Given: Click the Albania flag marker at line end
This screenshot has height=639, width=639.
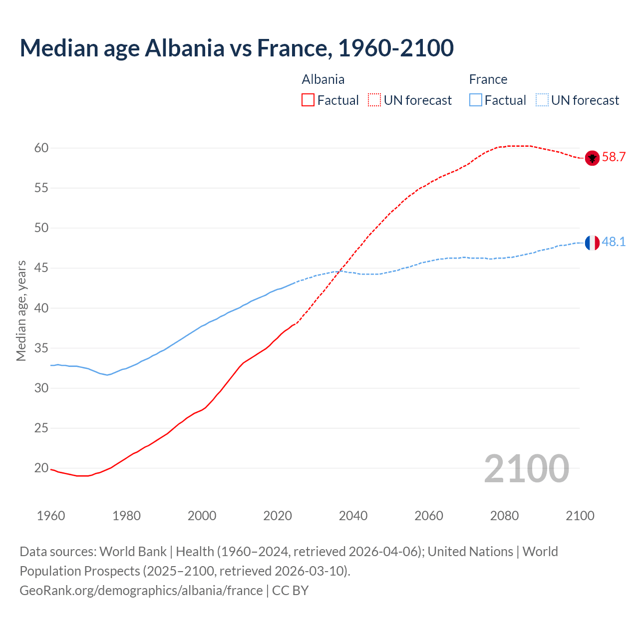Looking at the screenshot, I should (x=592, y=158).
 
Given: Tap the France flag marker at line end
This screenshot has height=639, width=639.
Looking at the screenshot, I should (x=592, y=243).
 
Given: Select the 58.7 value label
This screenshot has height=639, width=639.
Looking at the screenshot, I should (x=614, y=157).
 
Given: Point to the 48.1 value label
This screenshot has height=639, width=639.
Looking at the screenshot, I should (x=614, y=242).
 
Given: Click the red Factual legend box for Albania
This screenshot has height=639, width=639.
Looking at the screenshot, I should (x=308, y=100).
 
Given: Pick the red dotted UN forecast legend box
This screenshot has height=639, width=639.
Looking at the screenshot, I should (x=374, y=100).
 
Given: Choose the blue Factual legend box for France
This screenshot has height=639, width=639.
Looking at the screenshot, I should (x=476, y=100).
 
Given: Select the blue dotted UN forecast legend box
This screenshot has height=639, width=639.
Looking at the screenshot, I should (x=542, y=100).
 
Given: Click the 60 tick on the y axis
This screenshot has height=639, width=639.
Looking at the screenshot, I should (x=41, y=148).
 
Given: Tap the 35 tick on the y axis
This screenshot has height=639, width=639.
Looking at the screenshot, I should (x=41, y=348).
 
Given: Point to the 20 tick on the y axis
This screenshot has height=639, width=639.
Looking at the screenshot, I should (x=41, y=468).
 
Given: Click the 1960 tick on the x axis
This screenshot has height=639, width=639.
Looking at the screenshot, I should (x=51, y=516).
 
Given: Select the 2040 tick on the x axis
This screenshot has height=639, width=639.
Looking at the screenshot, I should (x=353, y=516).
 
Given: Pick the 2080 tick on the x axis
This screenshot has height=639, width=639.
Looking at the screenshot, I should (x=504, y=516).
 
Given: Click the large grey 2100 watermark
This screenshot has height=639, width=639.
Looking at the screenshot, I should (x=526, y=468).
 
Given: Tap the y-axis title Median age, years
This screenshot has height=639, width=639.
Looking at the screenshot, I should (x=21, y=311).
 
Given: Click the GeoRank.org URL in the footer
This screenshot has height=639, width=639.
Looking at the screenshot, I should (x=141, y=591).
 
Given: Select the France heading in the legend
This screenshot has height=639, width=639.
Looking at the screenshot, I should (x=488, y=80).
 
